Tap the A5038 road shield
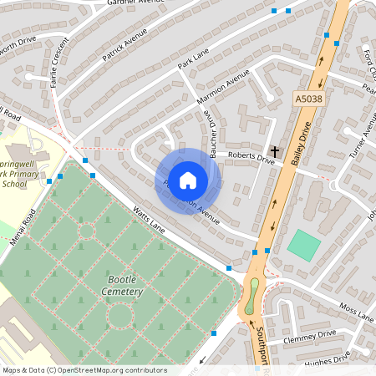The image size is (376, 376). coord(307,99)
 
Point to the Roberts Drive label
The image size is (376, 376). coord(252,155)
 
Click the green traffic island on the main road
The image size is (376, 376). coord(253,295)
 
